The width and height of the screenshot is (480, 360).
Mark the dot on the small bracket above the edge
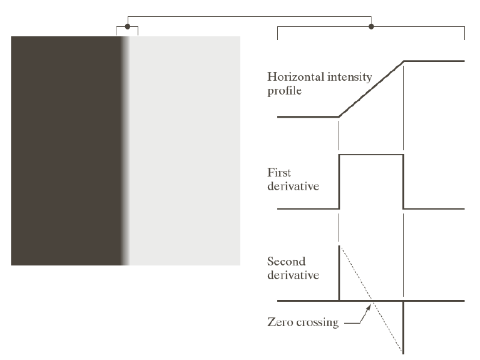pos(128,26)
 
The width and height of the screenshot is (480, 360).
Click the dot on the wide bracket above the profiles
pos(371,26)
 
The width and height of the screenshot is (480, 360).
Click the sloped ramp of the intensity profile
pos(371,89)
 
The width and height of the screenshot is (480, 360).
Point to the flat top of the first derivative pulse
pos(371,154)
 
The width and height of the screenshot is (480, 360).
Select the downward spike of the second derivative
pos(404,329)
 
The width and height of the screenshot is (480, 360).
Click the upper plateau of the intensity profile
pos(434,61)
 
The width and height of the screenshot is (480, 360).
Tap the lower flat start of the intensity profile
pos(307,116)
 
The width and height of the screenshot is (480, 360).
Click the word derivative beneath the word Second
pos(294,275)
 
